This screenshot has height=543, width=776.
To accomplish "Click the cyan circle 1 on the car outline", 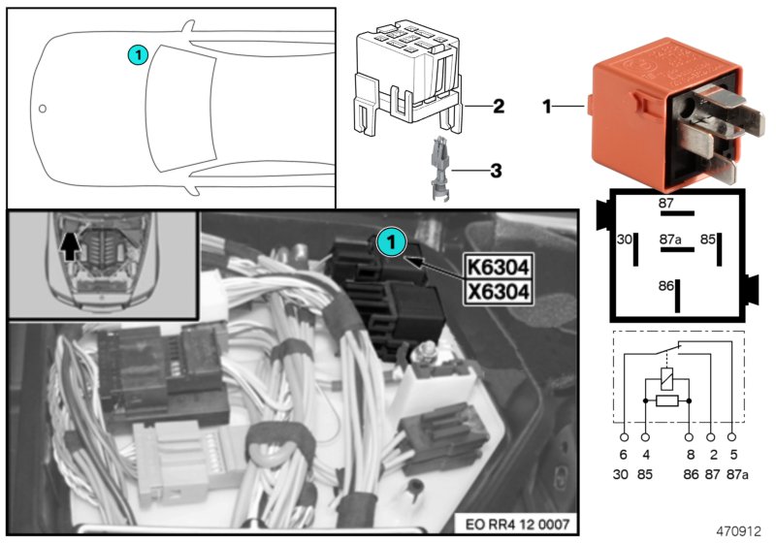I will click(137, 56).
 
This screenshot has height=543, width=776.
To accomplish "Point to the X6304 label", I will click(499, 291).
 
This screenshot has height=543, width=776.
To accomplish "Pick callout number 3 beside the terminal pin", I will click(496, 172).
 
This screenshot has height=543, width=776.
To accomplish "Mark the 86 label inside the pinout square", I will click(665, 287).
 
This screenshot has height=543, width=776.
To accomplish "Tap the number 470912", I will click(739, 531).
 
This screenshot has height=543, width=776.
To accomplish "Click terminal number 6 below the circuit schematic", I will click(623, 454).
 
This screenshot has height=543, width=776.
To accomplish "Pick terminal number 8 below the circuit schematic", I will click(689, 454).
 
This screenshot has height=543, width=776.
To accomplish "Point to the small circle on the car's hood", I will click(42, 107).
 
